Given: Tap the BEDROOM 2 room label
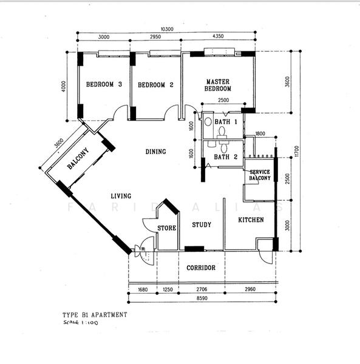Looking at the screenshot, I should (x=156, y=85).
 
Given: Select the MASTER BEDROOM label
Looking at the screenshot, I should (x=217, y=85).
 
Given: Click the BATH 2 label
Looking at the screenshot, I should (x=226, y=157).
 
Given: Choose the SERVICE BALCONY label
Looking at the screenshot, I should (x=260, y=175).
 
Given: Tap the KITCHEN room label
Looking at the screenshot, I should (x=251, y=220).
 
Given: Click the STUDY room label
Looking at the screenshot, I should (x=202, y=225).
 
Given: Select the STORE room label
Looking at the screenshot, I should (x=167, y=228).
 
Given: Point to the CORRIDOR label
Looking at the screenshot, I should (x=201, y=268).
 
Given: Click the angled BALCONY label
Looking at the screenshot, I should (x=78, y=159).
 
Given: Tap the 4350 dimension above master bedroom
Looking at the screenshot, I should (x=217, y=36).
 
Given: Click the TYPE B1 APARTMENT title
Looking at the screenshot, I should (x=95, y=315).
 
